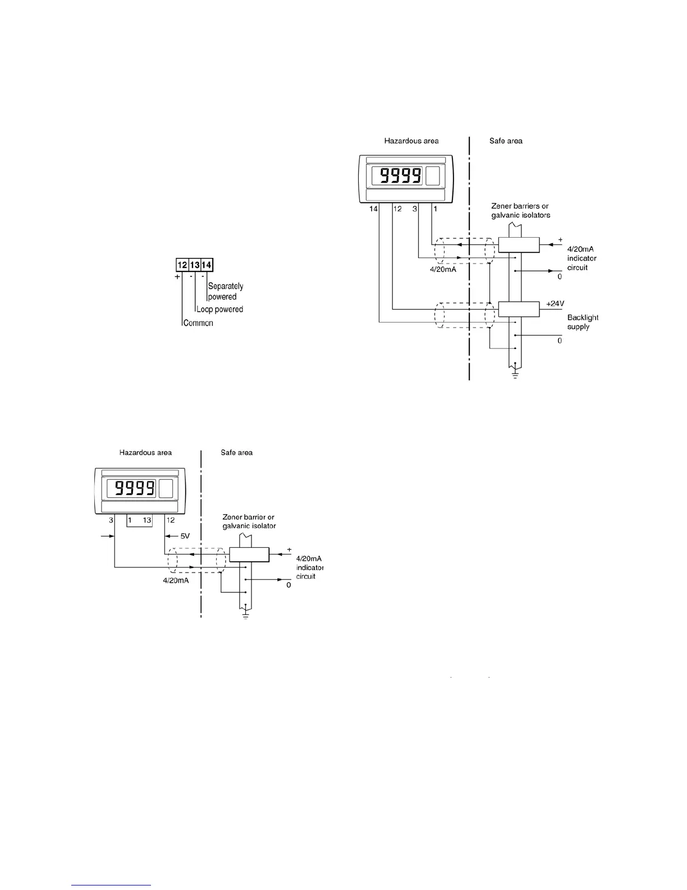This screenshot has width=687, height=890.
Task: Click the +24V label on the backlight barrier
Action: (x=555, y=303)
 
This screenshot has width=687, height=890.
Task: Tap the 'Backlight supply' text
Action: (x=583, y=322)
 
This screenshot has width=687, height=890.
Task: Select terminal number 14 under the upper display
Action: (x=373, y=209)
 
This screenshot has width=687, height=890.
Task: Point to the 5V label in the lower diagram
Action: (x=185, y=536)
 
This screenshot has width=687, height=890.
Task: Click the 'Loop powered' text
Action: (x=219, y=310)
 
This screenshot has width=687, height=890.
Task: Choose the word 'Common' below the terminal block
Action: (x=198, y=323)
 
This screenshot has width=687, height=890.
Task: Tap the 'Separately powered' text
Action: (x=225, y=291)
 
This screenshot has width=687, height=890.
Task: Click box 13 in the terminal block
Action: (x=194, y=265)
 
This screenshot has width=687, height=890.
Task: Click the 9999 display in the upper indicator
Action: (x=401, y=176)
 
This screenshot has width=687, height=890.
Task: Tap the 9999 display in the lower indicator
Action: (x=135, y=488)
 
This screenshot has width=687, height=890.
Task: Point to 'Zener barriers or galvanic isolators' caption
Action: (x=520, y=211)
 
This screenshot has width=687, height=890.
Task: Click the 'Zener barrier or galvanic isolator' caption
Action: (x=249, y=521)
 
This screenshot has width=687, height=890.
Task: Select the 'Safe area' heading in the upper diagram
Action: (x=506, y=141)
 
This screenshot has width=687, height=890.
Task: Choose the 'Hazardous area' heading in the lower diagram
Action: (x=145, y=452)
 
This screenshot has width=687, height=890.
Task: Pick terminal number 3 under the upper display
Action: (x=415, y=209)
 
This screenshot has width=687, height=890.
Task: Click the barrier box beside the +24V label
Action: (x=519, y=309)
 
